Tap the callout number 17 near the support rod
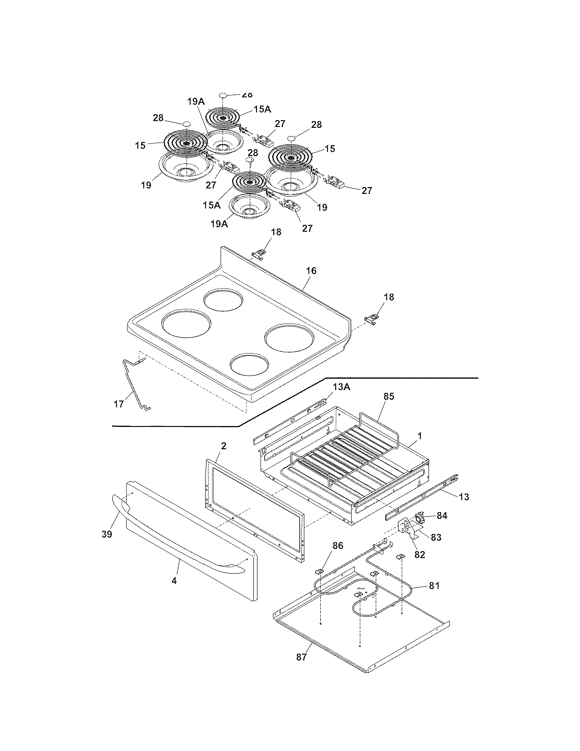(x=119, y=404)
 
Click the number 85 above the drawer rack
(x=388, y=396)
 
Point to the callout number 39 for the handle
(x=107, y=534)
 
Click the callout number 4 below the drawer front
(x=174, y=581)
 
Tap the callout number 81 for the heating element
(x=434, y=586)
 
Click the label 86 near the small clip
(x=338, y=546)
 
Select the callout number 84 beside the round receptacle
(x=442, y=516)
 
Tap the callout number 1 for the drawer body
(x=420, y=436)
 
